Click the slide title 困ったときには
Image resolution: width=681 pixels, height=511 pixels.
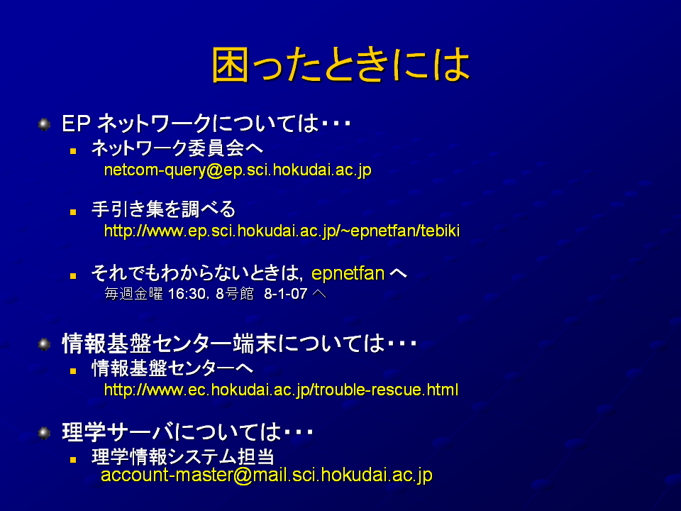[x=341, y=65]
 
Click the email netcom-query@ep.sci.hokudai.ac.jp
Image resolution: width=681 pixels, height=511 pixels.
[x=238, y=170]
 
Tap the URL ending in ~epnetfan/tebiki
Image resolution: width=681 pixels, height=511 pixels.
[x=282, y=231]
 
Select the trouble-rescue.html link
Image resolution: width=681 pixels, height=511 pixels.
[x=282, y=390]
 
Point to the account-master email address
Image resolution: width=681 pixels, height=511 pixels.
[x=267, y=475]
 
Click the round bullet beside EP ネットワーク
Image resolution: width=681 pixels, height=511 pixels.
[x=44, y=124]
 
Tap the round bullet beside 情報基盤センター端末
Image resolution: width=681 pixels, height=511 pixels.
[x=44, y=345]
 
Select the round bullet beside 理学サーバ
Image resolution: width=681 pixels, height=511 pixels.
[x=44, y=433]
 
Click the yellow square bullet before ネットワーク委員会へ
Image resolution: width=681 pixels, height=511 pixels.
[x=73, y=151]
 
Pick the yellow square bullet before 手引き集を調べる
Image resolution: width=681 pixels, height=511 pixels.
[x=73, y=212]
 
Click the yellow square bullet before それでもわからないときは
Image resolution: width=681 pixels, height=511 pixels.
[x=73, y=276]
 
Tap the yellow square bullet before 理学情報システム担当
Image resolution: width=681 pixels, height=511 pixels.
[x=73, y=459]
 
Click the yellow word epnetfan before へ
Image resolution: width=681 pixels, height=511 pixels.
[x=348, y=274]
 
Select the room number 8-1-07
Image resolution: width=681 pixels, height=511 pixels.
[x=286, y=294]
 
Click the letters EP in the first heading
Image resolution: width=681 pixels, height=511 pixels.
[x=77, y=123]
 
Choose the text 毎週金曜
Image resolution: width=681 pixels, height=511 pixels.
[x=134, y=294]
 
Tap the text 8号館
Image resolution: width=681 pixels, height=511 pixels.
[x=235, y=294]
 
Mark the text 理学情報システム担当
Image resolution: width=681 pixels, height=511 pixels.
[x=183, y=456]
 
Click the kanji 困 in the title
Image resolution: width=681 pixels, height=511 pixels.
[x=230, y=65]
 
